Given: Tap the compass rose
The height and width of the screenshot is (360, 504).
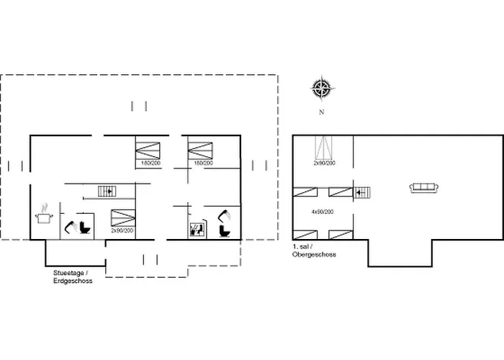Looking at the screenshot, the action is [x=322, y=88].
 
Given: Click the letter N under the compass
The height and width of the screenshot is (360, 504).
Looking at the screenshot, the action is [x=321, y=112].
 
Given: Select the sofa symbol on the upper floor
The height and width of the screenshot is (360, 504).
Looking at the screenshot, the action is [x=424, y=187].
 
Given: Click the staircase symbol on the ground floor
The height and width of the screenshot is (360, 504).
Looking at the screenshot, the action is [x=107, y=192].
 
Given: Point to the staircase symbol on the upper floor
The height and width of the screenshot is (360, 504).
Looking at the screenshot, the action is [x=362, y=193].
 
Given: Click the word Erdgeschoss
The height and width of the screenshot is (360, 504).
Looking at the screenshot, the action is [x=73, y=281].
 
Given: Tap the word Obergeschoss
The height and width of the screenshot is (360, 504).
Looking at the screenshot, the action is [x=314, y=254].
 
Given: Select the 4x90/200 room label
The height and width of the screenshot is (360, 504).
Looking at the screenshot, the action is [x=323, y=212].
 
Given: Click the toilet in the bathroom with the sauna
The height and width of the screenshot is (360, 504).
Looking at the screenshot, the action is [x=225, y=231].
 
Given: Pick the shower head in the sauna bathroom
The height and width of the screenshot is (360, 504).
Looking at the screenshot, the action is [x=224, y=215].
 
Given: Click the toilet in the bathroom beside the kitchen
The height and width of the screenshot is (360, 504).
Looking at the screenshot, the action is [x=85, y=228].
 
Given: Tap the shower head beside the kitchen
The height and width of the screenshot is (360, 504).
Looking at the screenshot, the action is [x=71, y=227].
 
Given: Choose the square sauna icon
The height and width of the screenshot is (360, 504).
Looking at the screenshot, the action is [x=196, y=230].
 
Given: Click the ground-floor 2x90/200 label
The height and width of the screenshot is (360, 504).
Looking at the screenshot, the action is [x=122, y=230].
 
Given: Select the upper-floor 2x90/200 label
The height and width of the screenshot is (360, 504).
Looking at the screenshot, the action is [x=324, y=163].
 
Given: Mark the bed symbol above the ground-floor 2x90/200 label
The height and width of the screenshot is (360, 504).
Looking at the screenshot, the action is [x=123, y=218].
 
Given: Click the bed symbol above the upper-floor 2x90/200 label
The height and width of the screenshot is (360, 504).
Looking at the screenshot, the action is [x=323, y=148].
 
